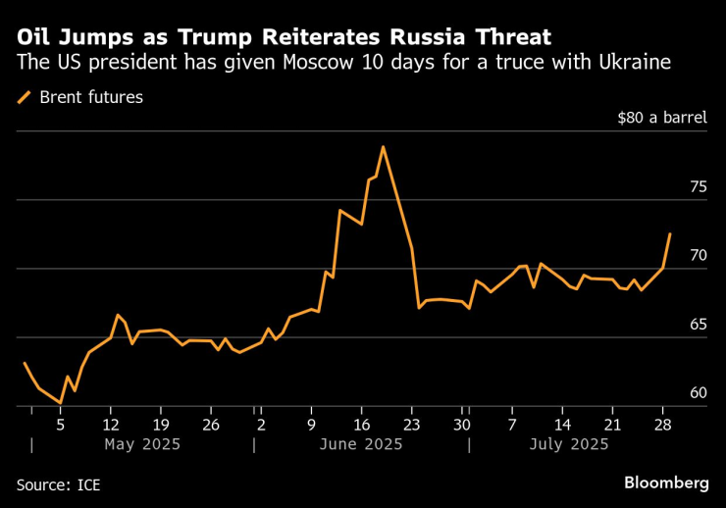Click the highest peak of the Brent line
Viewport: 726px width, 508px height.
383,147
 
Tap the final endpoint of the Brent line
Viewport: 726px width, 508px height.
670,234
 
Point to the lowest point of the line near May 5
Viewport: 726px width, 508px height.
60,403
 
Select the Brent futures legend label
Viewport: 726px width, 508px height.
91,97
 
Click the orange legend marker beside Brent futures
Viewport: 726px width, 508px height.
25,97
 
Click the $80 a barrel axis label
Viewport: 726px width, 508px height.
662,118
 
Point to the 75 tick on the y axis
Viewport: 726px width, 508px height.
698,186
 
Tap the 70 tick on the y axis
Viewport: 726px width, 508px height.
698,255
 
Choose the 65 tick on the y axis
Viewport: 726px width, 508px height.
698,324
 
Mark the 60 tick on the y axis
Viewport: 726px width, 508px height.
698,393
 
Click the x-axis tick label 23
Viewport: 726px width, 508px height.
411,425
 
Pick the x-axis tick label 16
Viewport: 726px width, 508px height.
361,425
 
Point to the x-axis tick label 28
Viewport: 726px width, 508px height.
662,425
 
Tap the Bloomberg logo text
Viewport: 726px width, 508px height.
666,483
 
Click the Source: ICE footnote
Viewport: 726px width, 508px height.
58,484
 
